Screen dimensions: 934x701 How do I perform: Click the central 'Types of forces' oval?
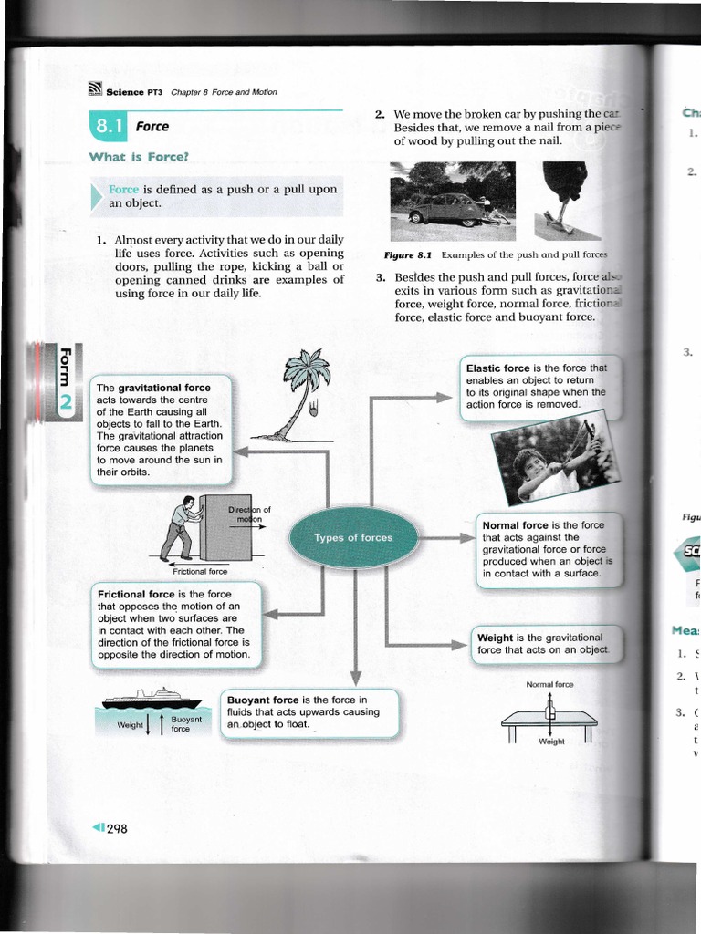352,538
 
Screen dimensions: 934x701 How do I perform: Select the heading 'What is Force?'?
138,157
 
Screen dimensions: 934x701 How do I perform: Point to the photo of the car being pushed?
451,194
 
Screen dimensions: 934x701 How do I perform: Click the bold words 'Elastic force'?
497,368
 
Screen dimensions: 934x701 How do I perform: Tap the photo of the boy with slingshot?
553,460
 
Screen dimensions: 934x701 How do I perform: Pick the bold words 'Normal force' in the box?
515,525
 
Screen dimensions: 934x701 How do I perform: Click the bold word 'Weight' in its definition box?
495,637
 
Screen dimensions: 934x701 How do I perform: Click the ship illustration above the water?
152,698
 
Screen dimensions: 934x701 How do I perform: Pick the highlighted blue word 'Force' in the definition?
123,190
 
